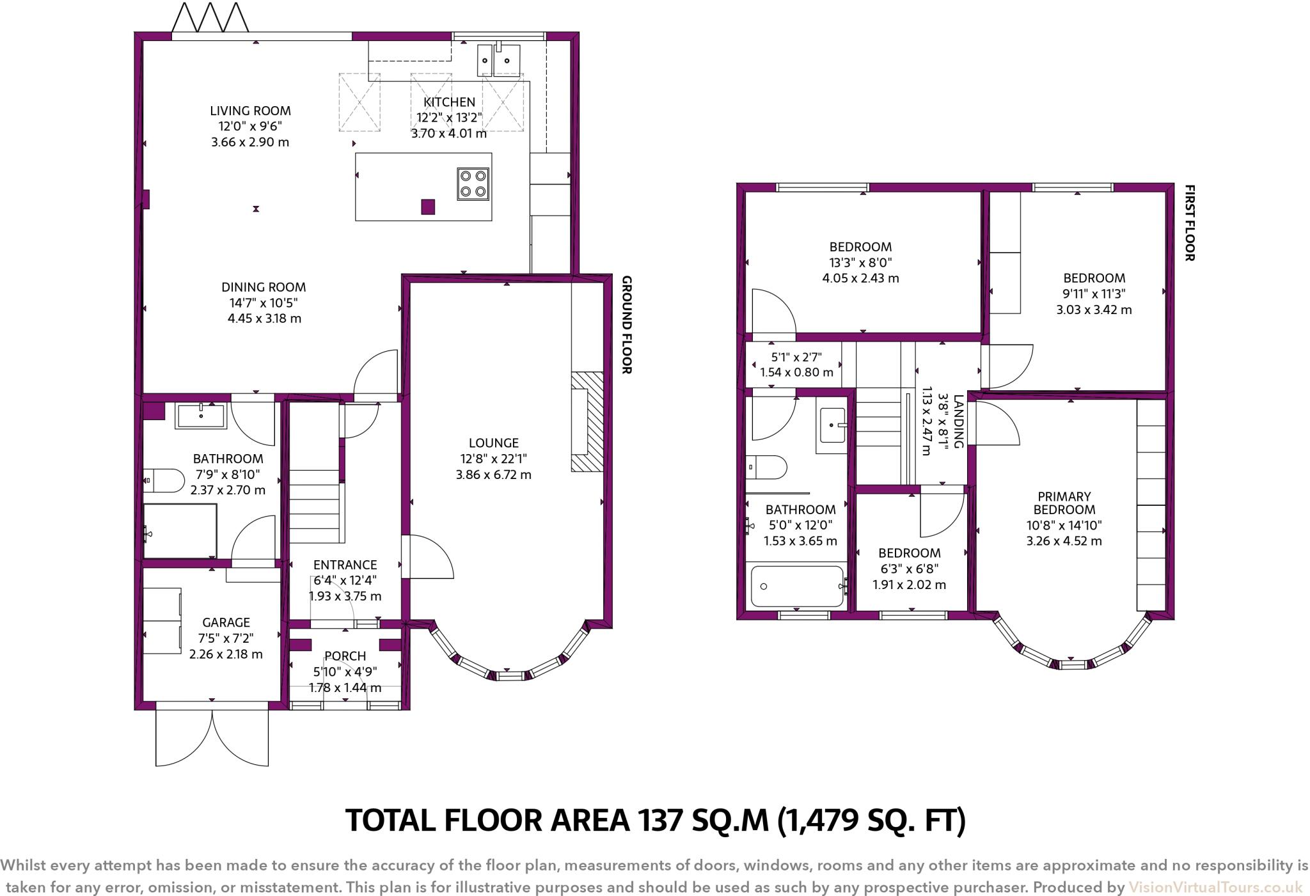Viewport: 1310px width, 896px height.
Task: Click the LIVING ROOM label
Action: point(250,111)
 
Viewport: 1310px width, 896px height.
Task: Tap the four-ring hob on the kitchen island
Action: point(473,184)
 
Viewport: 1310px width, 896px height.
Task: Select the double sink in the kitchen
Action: point(498,60)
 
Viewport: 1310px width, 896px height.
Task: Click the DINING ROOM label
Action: point(264,287)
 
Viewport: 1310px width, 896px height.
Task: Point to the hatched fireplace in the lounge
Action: point(587,422)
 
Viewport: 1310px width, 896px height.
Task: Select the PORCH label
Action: point(345,656)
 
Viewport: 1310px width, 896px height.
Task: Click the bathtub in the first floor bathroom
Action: point(798,586)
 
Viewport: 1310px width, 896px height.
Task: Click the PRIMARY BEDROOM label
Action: point(1064,503)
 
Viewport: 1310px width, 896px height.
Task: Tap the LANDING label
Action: point(958,421)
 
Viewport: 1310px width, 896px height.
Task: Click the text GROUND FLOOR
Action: point(627,325)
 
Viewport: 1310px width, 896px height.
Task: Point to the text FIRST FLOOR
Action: point(1190,223)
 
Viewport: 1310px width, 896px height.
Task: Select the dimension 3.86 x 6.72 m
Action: point(494,475)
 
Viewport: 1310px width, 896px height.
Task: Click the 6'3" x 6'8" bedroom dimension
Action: point(909,569)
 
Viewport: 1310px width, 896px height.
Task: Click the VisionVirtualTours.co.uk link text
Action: point(1215,888)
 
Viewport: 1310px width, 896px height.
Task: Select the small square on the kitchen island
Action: point(428,207)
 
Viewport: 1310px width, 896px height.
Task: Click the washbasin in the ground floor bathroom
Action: point(201,416)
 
